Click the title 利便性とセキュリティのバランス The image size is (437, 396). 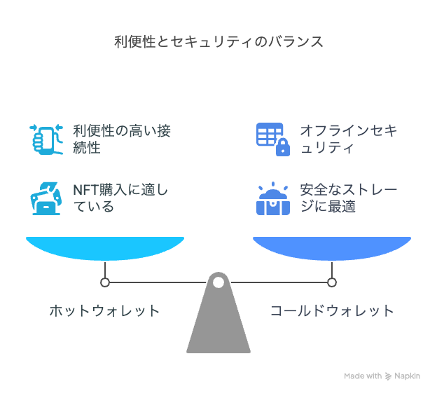click(218, 42)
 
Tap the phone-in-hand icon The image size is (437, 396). click(46, 139)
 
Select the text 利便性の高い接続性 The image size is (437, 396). click(122, 139)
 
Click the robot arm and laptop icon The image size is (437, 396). click(46, 198)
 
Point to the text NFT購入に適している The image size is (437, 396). click(120, 198)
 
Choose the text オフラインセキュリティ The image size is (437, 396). click(348, 139)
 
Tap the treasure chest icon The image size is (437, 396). click(273, 198)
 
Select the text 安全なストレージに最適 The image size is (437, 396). click(348, 198)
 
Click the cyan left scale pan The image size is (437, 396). click(105, 248)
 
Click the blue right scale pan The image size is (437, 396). click(332, 248)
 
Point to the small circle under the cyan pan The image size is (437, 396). click(105, 282)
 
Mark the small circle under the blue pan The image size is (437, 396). click(332, 282)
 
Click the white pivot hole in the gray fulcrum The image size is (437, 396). click(218, 282)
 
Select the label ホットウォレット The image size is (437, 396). click(104, 310)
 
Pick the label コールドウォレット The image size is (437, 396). click(332, 310)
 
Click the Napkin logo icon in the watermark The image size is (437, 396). click(388, 376)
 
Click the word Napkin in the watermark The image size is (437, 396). click(407, 376)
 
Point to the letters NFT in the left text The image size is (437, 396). click(85, 190)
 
